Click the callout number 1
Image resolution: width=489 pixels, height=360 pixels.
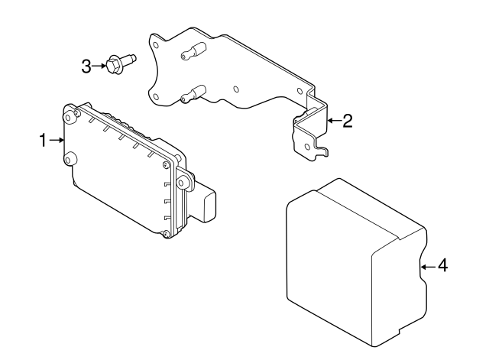tap(44, 140)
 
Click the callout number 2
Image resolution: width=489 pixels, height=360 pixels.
tap(347, 121)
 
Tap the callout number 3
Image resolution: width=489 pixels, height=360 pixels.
tap(86, 66)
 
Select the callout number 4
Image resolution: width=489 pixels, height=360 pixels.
tap(442, 266)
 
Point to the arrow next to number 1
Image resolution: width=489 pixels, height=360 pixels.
tap(57, 140)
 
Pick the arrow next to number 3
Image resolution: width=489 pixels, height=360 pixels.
tap(100, 66)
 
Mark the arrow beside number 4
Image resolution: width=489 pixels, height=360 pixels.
tap(428, 266)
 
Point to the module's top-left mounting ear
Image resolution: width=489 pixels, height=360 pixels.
tap(70, 115)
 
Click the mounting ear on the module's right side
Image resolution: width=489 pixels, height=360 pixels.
tap(183, 183)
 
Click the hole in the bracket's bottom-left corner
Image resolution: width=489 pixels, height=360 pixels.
tap(156, 96)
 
